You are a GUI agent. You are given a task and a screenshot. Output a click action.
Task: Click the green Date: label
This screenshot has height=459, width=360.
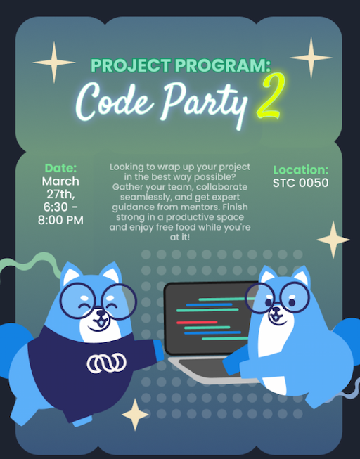60,168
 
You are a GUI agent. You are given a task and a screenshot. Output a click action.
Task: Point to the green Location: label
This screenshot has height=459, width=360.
300,170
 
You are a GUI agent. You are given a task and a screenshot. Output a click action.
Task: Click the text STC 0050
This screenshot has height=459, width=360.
300,183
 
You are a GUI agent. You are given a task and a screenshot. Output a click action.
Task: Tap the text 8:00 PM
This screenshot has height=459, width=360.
60,220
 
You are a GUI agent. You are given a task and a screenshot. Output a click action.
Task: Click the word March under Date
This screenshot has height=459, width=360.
60,181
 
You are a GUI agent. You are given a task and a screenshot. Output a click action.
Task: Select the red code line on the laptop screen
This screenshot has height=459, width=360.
197,323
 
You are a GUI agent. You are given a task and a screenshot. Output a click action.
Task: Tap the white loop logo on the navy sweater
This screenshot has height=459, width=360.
107,363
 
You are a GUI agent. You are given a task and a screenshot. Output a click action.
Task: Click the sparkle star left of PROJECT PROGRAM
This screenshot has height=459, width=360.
54,63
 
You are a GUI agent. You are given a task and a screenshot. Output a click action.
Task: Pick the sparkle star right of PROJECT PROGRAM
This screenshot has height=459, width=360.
311,58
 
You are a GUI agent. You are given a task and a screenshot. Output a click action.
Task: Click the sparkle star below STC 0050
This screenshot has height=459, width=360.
333,240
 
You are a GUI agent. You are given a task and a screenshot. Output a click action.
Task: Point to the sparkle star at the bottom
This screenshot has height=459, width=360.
135,415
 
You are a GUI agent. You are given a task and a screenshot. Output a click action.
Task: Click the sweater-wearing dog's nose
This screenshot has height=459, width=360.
101,313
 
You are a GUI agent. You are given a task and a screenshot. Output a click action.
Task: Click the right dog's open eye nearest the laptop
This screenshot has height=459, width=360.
269,302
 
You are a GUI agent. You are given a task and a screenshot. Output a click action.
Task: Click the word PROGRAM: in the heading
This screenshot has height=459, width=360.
223,65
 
